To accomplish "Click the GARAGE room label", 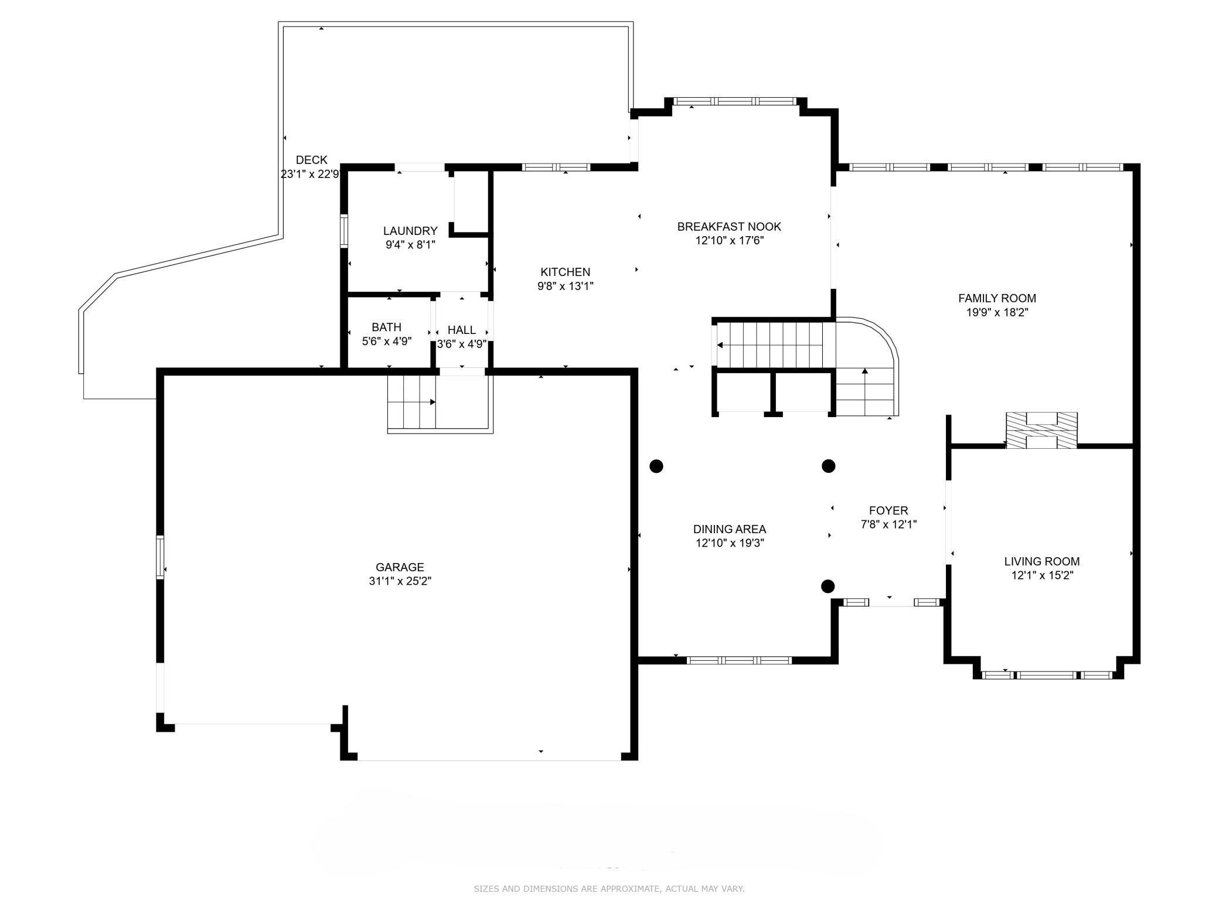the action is click(x=400, y=567).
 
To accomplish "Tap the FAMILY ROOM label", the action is click(x=997, y=298).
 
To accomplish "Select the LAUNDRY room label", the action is click(x=410, y=231).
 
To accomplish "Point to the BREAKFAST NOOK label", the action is click(x=729, y=227).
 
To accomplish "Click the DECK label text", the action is click(x=312, y=160).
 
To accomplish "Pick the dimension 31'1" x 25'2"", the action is click(x=400, y=581).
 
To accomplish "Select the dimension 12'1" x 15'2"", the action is click(x=1042, y=575).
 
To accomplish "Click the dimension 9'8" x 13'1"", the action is click(x=566, y=286).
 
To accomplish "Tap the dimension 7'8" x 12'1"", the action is click(x=888, y=524).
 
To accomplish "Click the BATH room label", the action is click(x=387, y=327).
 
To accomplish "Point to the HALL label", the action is click(x=462, y=330).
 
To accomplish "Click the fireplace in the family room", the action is click(x=1041, y=431).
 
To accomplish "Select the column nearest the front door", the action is click(x=828, y=586).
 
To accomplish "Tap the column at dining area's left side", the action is click(x=656, y=466).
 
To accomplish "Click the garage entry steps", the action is click(x=411, y=403).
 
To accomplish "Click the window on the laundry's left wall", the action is click(x=345, y=232).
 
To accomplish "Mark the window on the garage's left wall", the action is click(x=160, y=557).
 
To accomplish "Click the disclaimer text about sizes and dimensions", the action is click(x=609, y=889).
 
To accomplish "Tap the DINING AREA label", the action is click(x=730, y=529).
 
